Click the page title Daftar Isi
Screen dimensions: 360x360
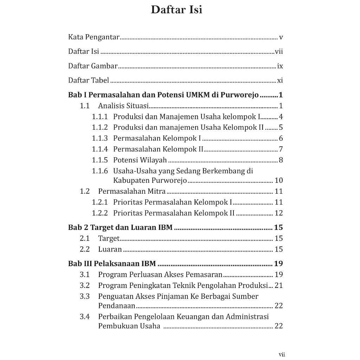pyautogui.click(x=176, y=10)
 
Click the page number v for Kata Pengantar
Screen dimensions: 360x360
pyautogui.click(x=281, y=37)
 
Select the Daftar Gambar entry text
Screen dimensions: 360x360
pyautogui.click(x=93, y=66)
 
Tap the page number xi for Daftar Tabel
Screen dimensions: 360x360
pyautogui.click(x=280, y=80)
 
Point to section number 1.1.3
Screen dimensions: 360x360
pyautogui.click(x=100, y=138)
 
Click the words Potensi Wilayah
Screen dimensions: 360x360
pyautogui.click(x=140, y=160)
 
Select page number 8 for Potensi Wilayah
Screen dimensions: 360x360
pyautogui.click(x=281, y=160)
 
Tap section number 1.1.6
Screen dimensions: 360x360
pyautogui.click(x=100, y=171)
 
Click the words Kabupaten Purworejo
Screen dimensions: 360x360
pyautogui.click(x=150, y=181)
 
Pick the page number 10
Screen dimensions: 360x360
pyautogui.click(x=279, y=181)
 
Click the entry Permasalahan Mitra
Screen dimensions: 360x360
pyautogui.click(x=132, y=191)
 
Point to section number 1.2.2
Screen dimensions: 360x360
pyautogui.click(x=100, y=213)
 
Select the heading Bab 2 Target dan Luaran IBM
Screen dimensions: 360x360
pyautogui.click(x=120, y=227)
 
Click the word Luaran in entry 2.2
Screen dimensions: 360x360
pyautogui.click(x=110, y=249)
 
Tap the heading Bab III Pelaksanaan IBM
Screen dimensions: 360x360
pyautogui.click(x=112, y=264)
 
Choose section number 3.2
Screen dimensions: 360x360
pyautogui.click(x=85, y=285)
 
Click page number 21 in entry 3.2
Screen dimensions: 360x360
pyautogui.click(x=279, y=285)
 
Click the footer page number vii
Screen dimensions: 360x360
pyautogui.click(x=282, y=354)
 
